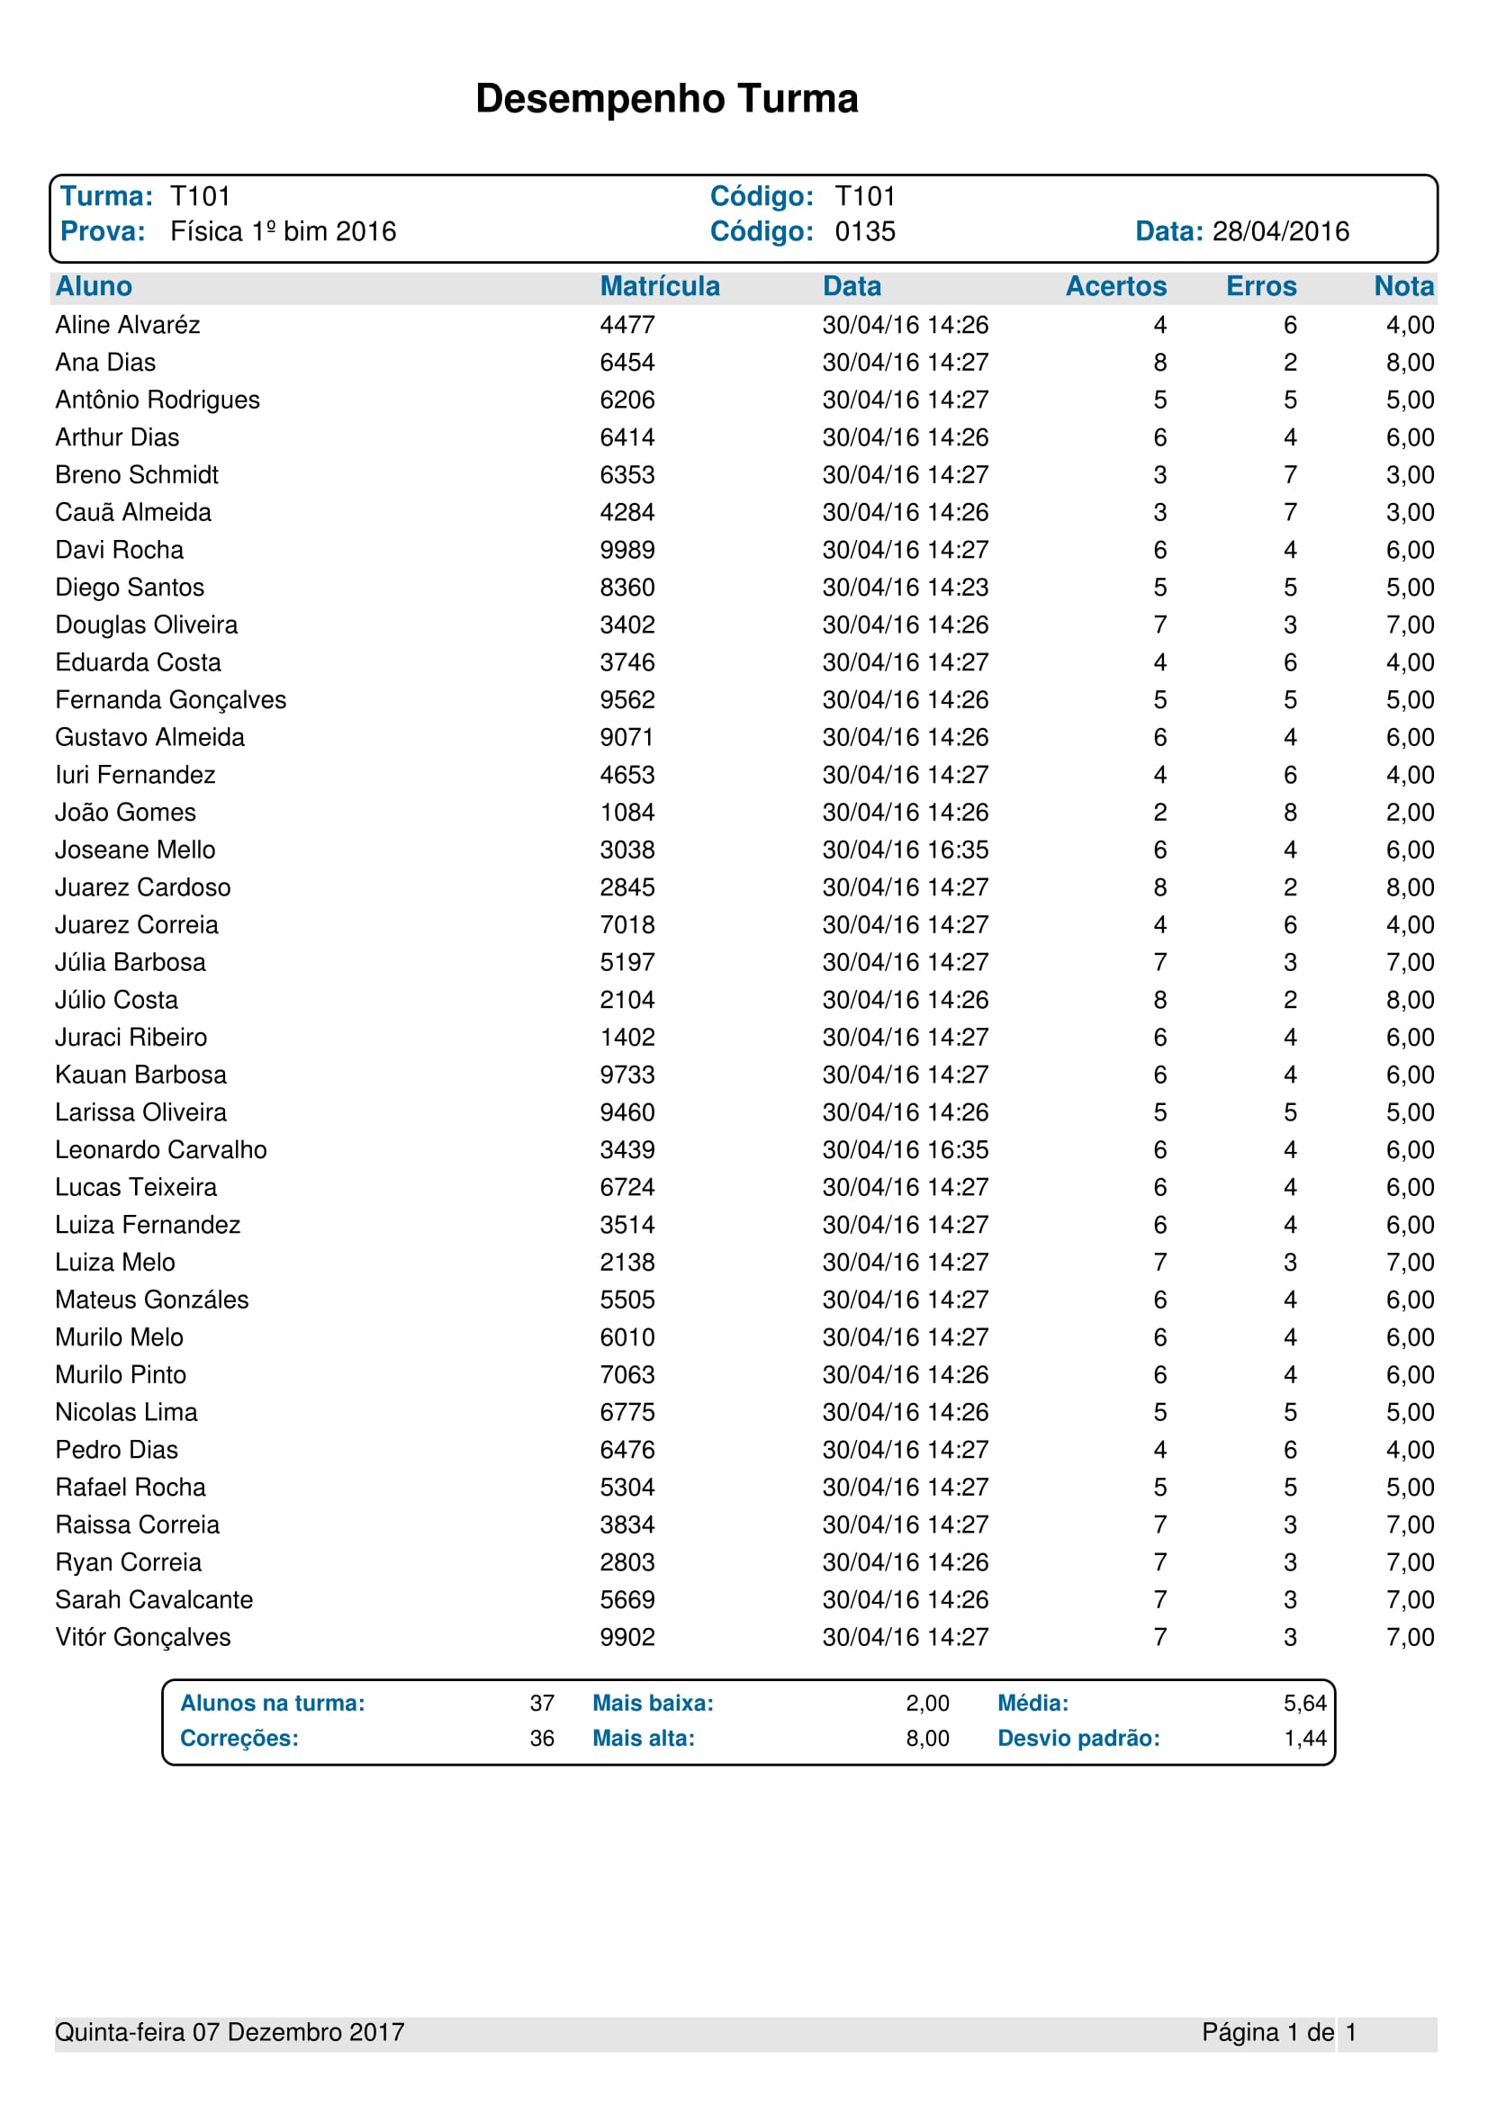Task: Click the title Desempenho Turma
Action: pos(666,99)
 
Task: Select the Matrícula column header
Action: pos(659,286)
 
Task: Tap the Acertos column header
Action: pos(1114,286)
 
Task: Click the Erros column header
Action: pos(1260,286)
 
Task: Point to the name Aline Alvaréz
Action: pos(128,325)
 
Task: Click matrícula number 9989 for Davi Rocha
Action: pos(627,550)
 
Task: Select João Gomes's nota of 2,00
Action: pos(1409,813)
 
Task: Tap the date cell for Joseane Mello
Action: pos(905,850)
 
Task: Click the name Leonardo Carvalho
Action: pos(160,1149)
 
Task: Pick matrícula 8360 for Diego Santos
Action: pos(627,588)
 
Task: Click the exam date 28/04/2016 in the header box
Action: pos(1280,231)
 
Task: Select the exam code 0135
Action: pos(864,231)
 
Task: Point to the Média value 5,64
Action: pos(1304,1704)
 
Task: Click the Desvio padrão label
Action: pos(1078,1739)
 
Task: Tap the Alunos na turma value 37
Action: pos(542,1704)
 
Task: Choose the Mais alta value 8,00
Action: pos(927,1739)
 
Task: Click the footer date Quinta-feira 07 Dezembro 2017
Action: pos(230,2033)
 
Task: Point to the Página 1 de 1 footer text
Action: pos(1278,2033)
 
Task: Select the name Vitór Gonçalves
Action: pos(143,1637)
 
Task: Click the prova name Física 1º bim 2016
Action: pos(284,231)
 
